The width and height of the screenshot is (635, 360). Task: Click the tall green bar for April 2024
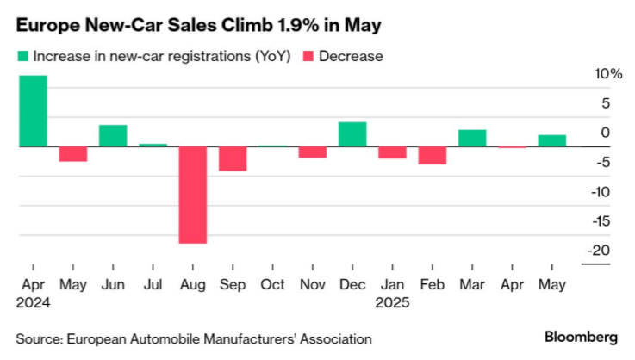[x=32, y=111]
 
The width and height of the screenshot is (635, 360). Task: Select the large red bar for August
[x=192, y=195]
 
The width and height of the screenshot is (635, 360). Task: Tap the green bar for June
[x=112, y=136]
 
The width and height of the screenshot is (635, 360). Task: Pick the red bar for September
[x=233, y=158]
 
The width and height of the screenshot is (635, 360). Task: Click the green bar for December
[x=352, y=134]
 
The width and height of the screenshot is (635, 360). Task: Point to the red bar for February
[x=433, y=155]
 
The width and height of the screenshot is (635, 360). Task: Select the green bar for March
[x=472, y=138]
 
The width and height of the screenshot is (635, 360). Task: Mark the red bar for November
[x=312, y=152]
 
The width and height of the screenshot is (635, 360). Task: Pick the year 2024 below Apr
[x=33, y=303]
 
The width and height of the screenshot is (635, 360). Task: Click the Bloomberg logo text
[x=581, y=335]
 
